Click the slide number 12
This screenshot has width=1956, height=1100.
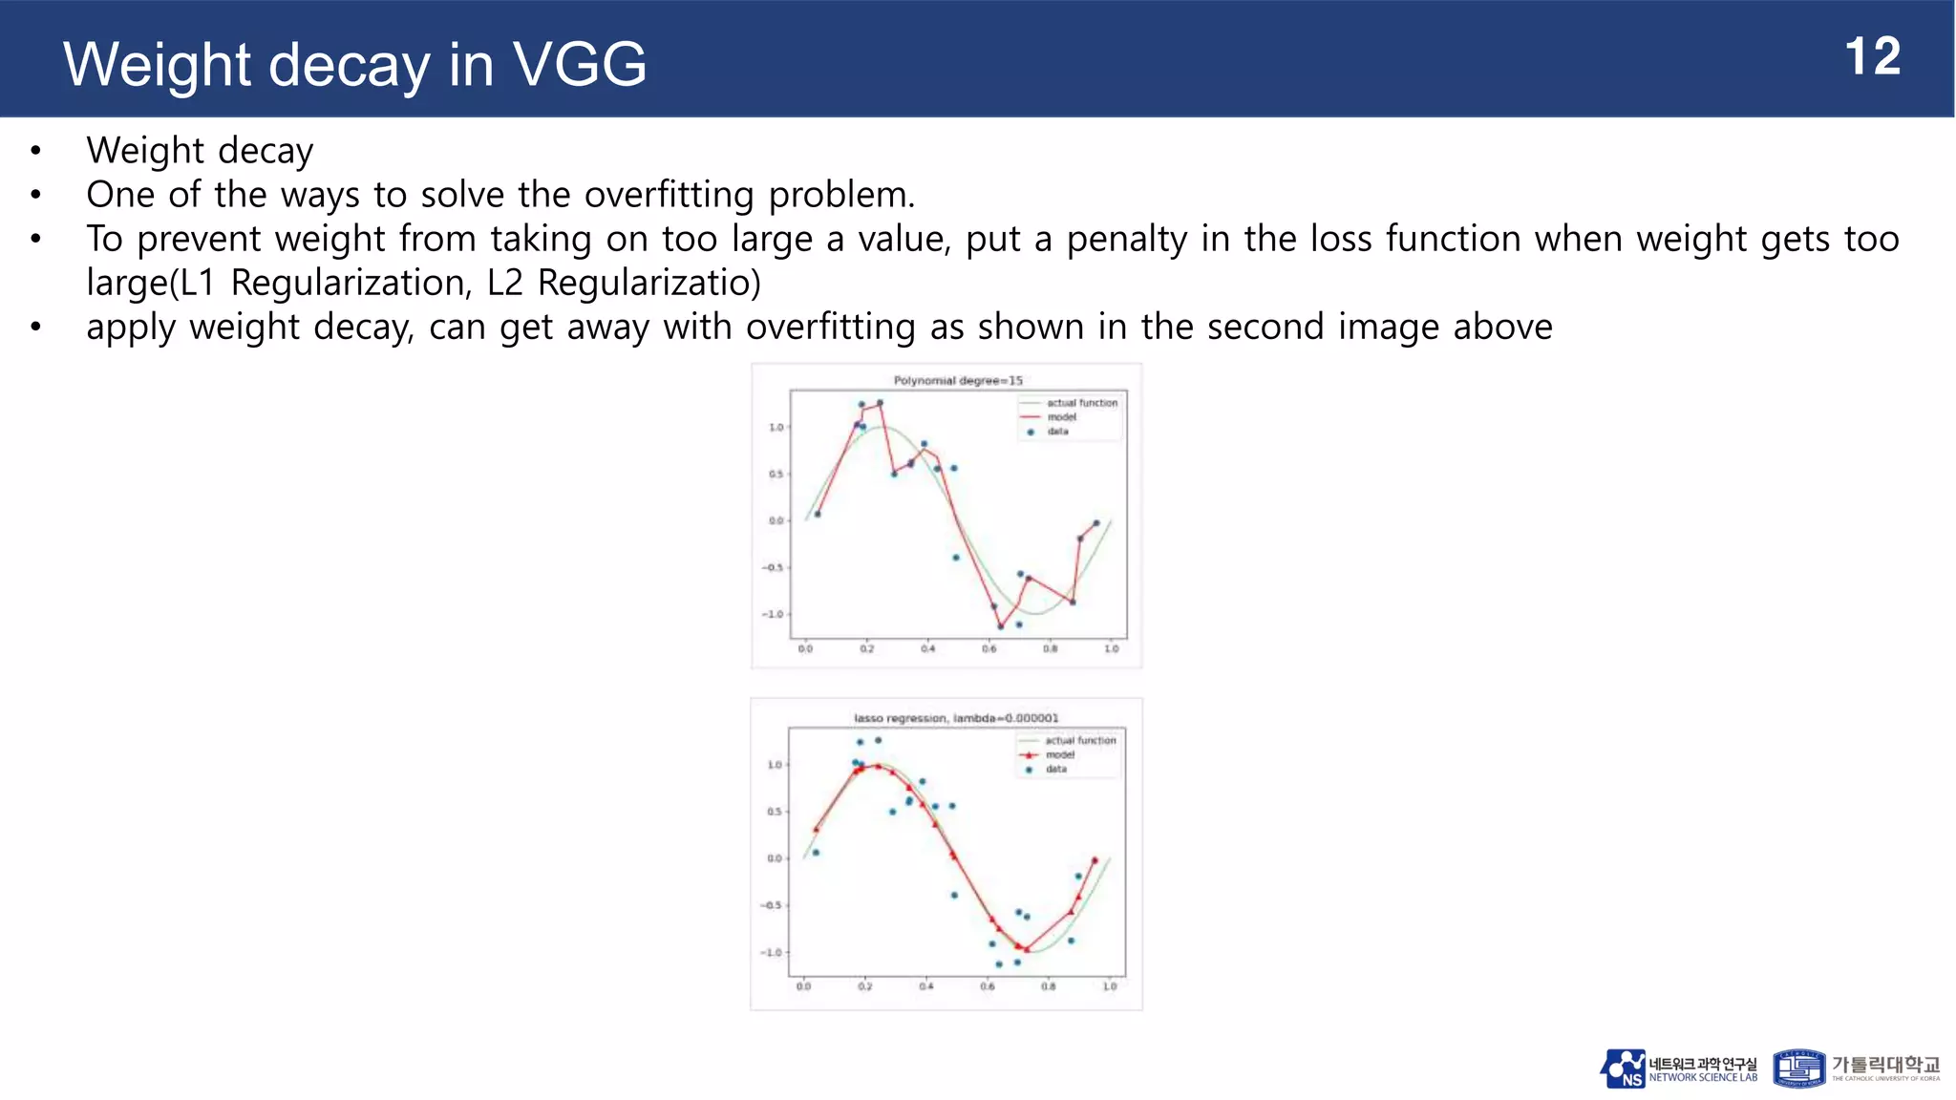[x=1872, y=57]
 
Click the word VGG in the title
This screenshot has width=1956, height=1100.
[x=580, y=65]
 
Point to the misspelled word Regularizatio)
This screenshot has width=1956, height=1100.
[x=649, y=284]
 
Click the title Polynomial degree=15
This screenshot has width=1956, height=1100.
[x=957, y=380]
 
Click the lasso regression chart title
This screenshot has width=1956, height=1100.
[x=955, y=718]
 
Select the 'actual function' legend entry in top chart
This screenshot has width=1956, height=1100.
[x=1081, y=403]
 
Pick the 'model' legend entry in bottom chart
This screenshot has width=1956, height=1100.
[x=1059, y=754]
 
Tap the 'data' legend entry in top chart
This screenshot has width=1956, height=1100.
[x=1057, y=432]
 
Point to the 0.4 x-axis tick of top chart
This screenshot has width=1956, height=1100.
[x=927, y=649]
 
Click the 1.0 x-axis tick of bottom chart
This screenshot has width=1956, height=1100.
[x=1109, y=986]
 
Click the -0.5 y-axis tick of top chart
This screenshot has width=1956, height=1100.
[x=773, y=567]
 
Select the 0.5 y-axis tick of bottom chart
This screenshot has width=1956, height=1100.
[x=774, y=812]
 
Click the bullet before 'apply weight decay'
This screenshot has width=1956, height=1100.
[x=35, y=328]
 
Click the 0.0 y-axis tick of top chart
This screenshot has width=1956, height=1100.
[x=776, y=520]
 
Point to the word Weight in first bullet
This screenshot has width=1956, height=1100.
[x=145, y=151]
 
